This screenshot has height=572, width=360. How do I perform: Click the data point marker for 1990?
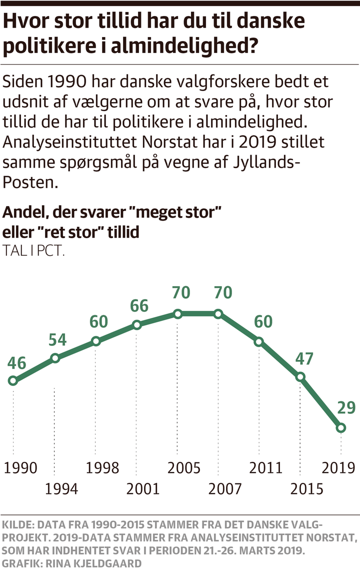click(13, 381)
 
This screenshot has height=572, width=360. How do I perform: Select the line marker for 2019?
click(341, 427)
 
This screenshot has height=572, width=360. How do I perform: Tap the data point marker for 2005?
click(177, 314)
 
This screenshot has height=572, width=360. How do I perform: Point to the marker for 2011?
click(259, 342)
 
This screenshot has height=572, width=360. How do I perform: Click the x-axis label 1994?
click(61, 489)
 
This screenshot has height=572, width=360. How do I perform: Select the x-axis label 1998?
click(102, 468)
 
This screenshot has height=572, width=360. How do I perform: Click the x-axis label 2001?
click(143, 489)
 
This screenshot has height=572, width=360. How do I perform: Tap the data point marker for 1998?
click(95, 341)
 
